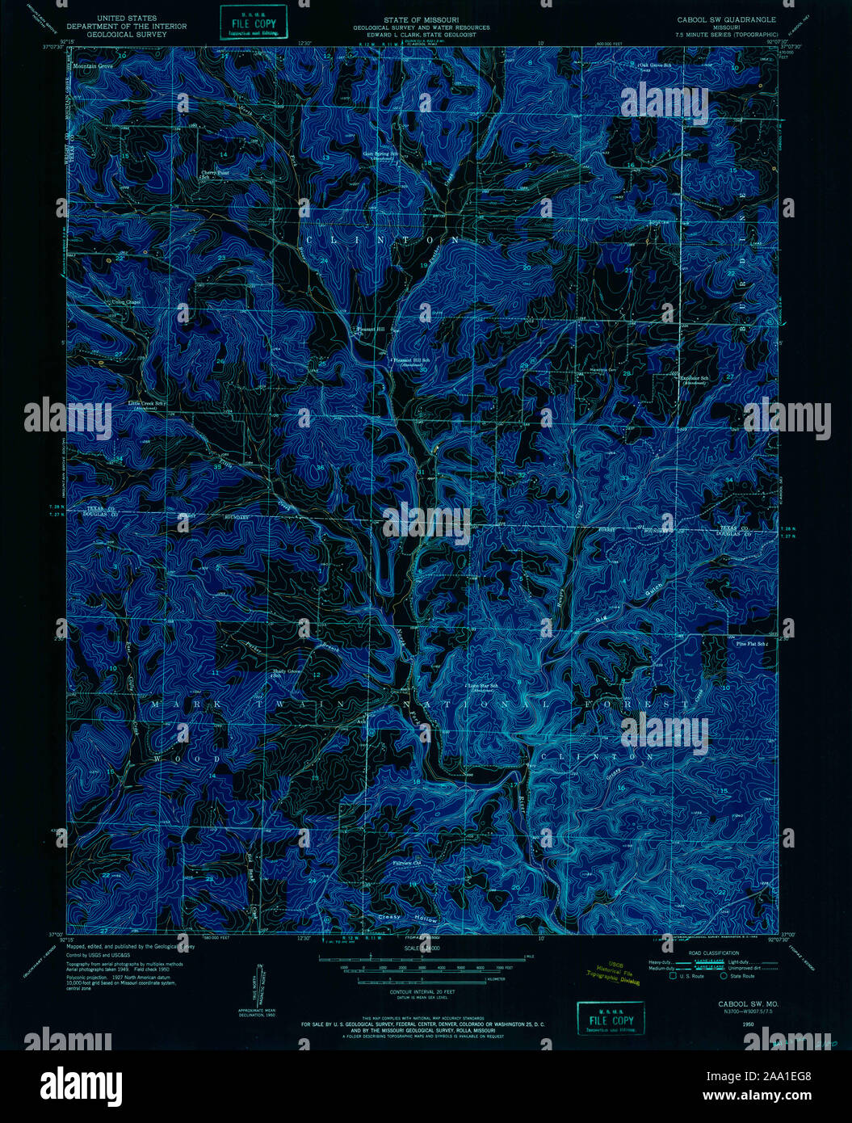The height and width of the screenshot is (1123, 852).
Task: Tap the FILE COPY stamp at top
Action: pos(254,23)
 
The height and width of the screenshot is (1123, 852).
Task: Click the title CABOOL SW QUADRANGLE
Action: pos(726,19)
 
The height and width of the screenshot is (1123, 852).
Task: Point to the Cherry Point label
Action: pos(215,173)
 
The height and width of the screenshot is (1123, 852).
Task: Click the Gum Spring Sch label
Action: pos(381,154)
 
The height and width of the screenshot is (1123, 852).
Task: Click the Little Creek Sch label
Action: pos(151,402)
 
